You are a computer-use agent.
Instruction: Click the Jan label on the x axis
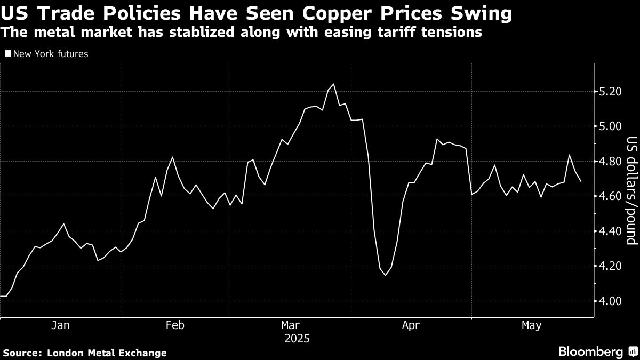click(x=60, y=325)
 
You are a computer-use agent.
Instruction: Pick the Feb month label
click(x=175, y=325)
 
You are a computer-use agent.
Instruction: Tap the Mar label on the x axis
click(x=290, y=325)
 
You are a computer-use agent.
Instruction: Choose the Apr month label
click(x=411, y=325)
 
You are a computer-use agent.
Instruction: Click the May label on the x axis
click(x=531, y=325)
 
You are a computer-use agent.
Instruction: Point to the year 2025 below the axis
click(x=297, y=338)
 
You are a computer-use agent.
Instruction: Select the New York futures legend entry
click(x=50, y=54)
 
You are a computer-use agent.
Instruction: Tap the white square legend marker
click(x=7, y=54)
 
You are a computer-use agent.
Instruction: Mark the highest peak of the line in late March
click(x=333, y=84)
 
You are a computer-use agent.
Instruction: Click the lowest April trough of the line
click(x=385, y=275)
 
